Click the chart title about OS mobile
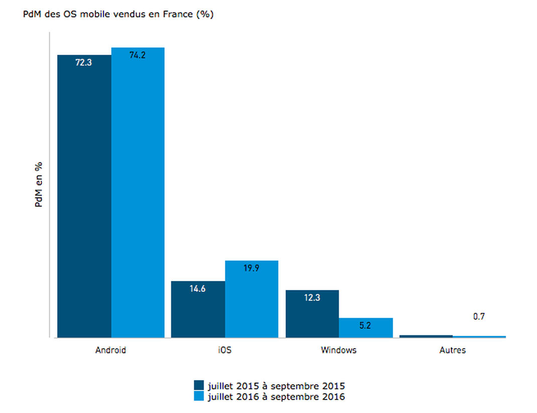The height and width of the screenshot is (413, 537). (x=118, y=15)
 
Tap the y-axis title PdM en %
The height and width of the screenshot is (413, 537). (x=38, y=184)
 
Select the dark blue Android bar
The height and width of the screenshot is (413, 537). (x=84, y=196)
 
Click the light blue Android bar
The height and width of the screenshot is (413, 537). (x=138, y=192)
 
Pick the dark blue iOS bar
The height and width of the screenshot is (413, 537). (x=198, y=309)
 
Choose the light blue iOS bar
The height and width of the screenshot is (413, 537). (x=252, y=299)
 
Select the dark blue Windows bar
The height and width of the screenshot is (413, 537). (x=312, y=314)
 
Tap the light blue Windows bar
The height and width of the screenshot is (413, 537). (x=366, y=328)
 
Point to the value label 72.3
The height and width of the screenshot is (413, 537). (x=84, y=62)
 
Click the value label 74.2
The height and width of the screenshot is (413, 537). (x=138, y=55)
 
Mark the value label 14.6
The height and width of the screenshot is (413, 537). (x=198, y=288)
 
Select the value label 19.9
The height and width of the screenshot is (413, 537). (x=251, y=268)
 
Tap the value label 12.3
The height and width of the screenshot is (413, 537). (x=312, y=297)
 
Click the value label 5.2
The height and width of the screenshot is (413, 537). (x=365, y=325)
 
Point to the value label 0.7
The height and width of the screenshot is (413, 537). (x=479, y=317)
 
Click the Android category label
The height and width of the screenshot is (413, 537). (x=110, y=350)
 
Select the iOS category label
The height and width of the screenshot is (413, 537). (x=225, y=350)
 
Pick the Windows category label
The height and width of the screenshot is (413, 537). (x=339, y=350)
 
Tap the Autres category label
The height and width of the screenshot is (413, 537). (x=452, y=350)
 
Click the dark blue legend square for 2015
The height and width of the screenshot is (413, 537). (x=199, y=385)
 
